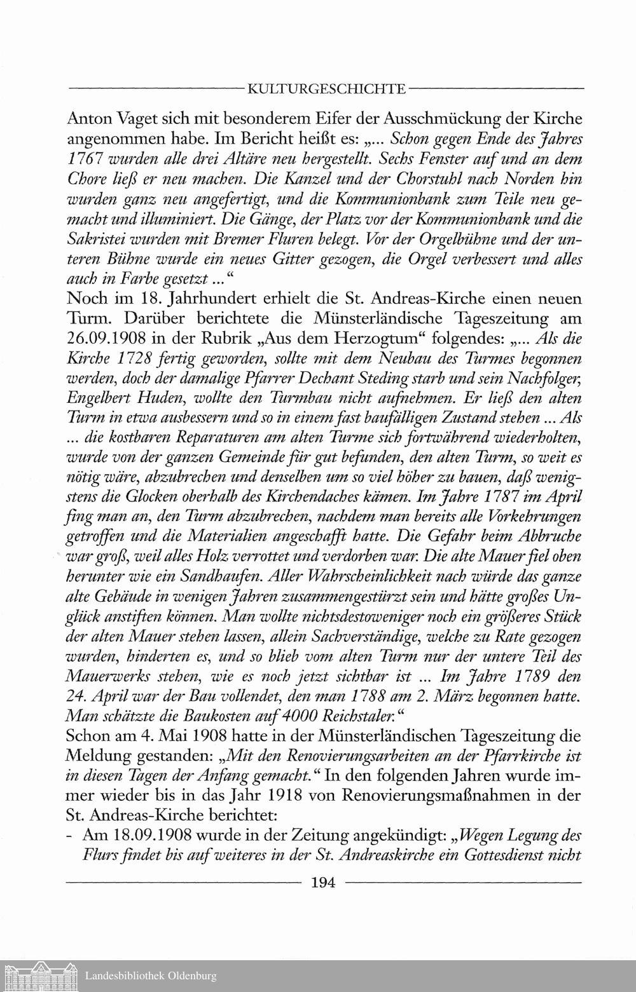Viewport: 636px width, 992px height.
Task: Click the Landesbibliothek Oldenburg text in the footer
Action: pyautogui.click(x=151, y=975)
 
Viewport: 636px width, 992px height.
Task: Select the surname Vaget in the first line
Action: pyautogui.click(x=142, y=119)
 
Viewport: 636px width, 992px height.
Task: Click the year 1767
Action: pyautogui.click(x=86, y=157)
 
